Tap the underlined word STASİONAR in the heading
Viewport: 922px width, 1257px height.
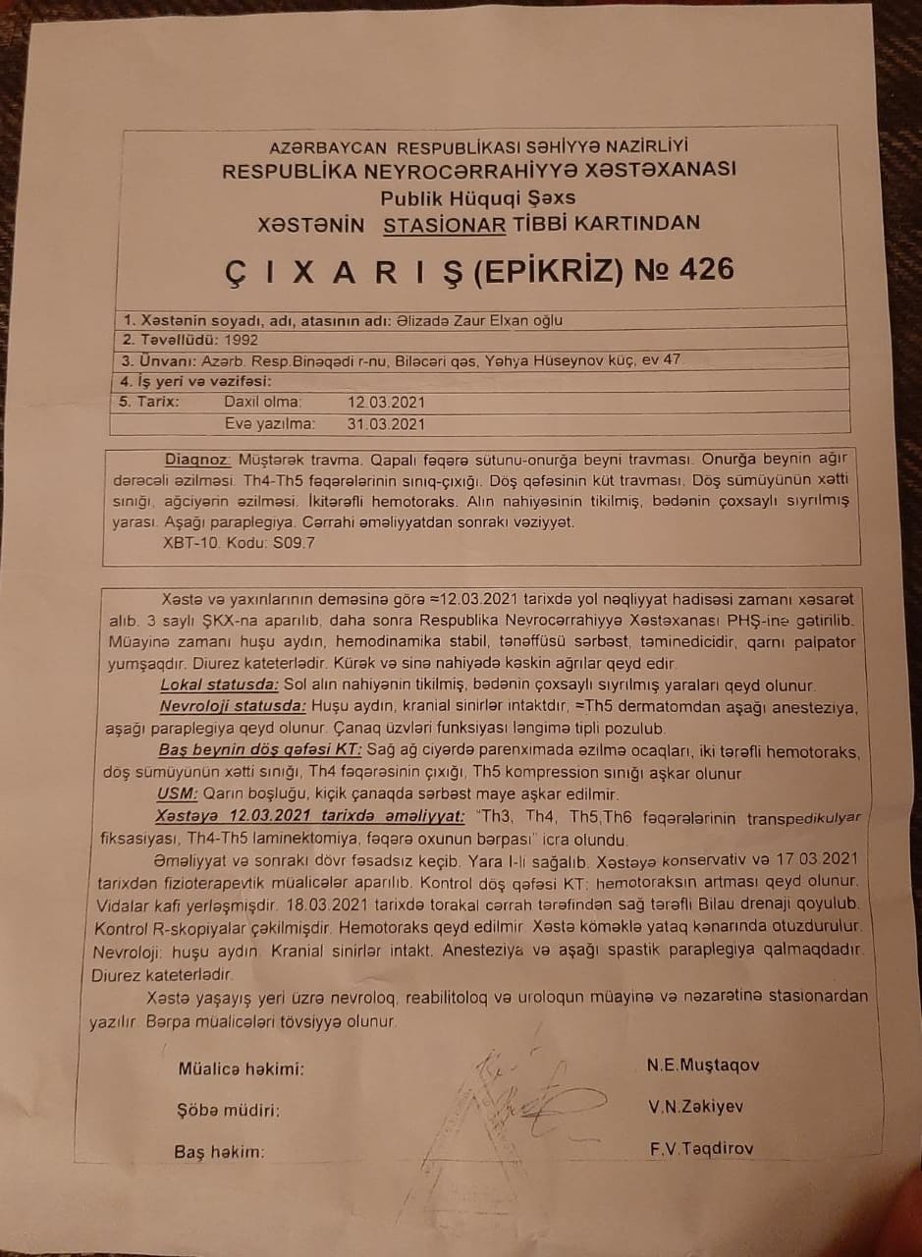coord(445,224)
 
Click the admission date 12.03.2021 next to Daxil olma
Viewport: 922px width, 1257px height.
coord(386,403)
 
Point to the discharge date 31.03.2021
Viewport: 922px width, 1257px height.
coord(386,424)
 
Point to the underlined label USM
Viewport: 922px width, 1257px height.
coord(176,794)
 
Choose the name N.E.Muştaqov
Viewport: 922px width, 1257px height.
coord(703,1066)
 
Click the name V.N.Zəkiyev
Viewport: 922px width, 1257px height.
coord(695,1107)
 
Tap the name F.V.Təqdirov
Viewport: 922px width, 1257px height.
coord(701,1148)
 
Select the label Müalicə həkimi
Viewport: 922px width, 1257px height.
coord(241,1069)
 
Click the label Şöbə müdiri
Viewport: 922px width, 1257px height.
coord(228,1111)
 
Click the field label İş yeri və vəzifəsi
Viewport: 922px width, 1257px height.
coord(194,381)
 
